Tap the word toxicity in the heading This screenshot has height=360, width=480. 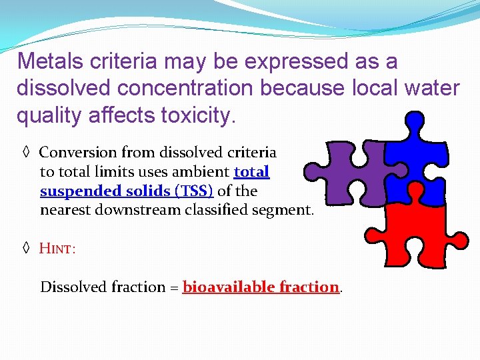click(198, 116)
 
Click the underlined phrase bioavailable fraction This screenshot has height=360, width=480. click(261, 287)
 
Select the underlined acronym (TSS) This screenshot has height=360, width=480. click(194, 191)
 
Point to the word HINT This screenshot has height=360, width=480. click(57, 249)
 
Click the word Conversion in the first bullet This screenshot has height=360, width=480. click(77, 153)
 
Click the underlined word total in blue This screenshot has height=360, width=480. click(251, 172)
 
